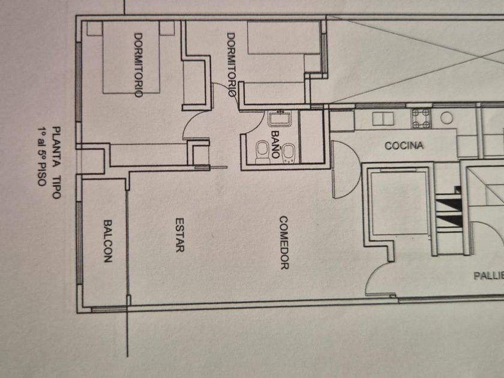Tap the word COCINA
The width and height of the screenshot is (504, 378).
point(404,146)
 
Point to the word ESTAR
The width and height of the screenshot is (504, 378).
point(179,234)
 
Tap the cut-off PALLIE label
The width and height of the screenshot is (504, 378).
point(488,276)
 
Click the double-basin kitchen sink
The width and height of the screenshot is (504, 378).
point(382,119)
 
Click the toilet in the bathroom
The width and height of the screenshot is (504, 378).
point(262,151)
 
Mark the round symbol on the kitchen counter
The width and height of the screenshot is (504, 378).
point(446,118)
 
